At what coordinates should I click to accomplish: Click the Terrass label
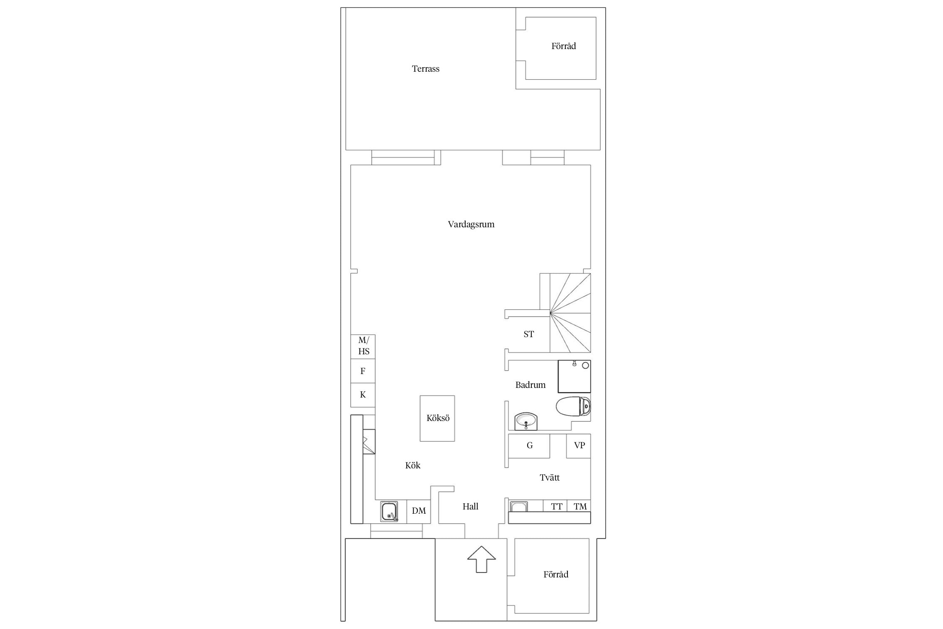pos(425,69)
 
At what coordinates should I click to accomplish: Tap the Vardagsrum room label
pos(471,224)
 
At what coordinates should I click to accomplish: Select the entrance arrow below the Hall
pos(482,559)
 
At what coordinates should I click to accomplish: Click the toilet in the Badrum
pos(573,406)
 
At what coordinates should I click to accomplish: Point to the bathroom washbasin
pos(526,421)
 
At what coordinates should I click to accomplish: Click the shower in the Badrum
pos(574,376)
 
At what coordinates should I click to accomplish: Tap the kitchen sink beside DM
pos(389,512)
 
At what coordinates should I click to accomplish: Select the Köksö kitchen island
pos(438,418)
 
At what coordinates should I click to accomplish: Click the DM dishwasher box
pos(419,511)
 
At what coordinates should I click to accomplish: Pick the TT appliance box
pos(555,506)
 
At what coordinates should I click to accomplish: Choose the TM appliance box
pos(579,506)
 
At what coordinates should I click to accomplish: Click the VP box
pos(579,446)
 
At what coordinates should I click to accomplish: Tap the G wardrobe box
pos(529,446)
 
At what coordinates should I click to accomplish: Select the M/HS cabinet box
pos(363,346)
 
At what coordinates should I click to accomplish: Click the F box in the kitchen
pos(363,371)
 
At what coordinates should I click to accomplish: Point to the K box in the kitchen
pos(363,395)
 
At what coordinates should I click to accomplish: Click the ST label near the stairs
pos(528,334)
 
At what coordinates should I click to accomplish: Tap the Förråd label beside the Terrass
pos(563,46)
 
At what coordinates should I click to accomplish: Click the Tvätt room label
pos(549,477)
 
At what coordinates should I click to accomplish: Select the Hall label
pos(470,507)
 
